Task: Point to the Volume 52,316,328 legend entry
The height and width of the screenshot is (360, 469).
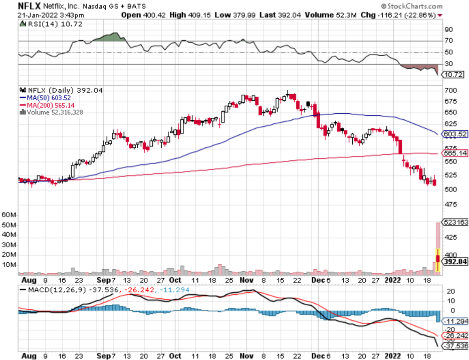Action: [x=53, y=112]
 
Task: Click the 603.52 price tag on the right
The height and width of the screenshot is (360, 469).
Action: [x=455, y=134]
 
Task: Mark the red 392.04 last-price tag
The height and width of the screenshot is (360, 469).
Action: [x=455, y=262]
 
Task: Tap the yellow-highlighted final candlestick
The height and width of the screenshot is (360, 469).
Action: [x=438, y=260]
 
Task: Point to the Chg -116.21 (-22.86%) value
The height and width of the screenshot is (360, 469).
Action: [x=406, y=15]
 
